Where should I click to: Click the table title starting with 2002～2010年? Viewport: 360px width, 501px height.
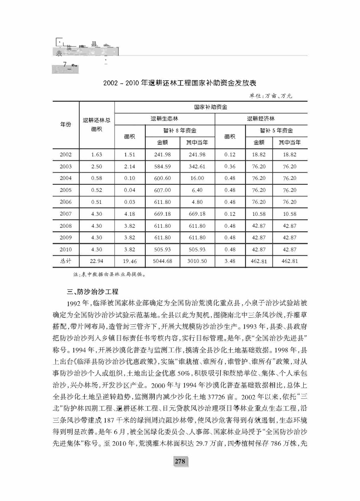pyautogui.click(x=179, y=83)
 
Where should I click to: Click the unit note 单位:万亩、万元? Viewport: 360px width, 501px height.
pyautogui.click(x=271, y=96)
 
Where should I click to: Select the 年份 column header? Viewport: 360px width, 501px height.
pyautogui.click(x=66, y=124)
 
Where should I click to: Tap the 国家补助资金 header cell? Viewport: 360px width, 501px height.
pyautogui.click(x=211, y=107)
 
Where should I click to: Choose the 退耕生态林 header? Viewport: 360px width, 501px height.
pyautogui.click(x=164, y=118)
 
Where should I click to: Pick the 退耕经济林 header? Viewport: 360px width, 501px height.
pyautogui.click(x=261, y=118)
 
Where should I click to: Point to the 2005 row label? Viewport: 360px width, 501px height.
pyautogui.click(x=66, y=190)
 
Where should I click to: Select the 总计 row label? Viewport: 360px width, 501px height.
pyautogui.click(x=66, y=261)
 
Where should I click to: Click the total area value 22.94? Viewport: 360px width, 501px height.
pyautogui.click(x=97, y=261)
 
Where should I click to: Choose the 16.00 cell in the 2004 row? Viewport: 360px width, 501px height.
pyautogui.click(x=197, y=178)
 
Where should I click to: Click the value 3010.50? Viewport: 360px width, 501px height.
pyautogui.click(x=197, y=261)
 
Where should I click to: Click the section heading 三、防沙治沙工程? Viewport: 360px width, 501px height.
pyautogui.click(x=90, y=292)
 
